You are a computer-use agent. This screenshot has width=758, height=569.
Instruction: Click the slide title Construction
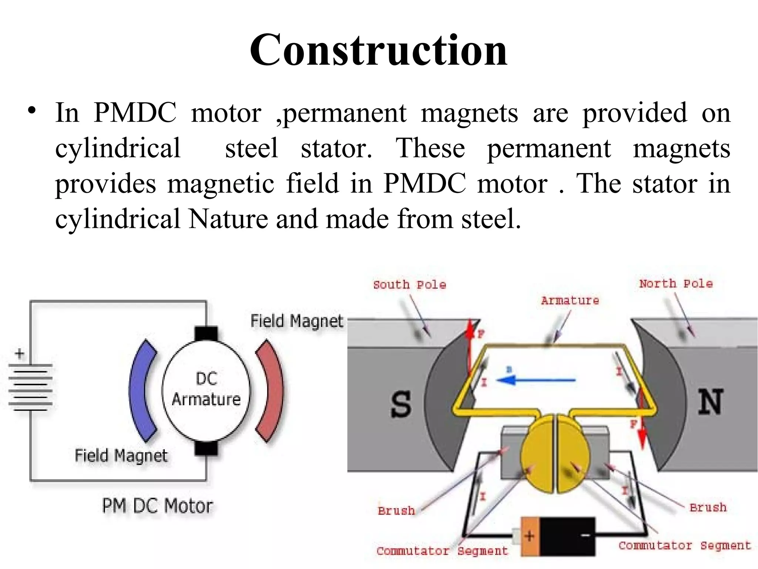(378, 50)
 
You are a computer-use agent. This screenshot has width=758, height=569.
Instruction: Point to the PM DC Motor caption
(157, 506)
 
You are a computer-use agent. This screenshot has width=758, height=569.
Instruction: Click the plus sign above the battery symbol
(20, 354)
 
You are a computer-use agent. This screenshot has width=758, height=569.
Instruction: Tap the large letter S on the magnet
(400, 405)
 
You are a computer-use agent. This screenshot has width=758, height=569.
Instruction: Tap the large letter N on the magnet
(710, 402)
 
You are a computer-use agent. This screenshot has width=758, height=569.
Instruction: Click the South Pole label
(409, 285)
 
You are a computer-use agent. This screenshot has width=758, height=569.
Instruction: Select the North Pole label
(676, 284)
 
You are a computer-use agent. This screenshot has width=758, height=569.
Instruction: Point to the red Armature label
(570, 300)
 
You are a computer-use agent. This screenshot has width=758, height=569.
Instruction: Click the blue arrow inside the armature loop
(537, 380)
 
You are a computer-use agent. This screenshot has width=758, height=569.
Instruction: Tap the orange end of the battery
(530, 536)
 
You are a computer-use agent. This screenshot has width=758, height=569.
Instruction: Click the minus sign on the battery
(586, 536)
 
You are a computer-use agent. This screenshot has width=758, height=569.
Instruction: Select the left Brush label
(396, 511)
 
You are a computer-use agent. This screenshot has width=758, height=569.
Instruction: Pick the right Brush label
(708, 508)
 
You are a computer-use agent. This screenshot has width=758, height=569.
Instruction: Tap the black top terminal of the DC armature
(206, 333)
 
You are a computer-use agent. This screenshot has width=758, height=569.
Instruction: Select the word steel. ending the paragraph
(491, 219)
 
